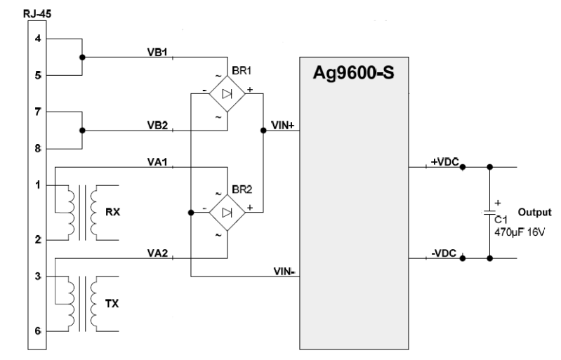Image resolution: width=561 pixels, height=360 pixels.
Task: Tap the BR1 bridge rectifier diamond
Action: (227, 93)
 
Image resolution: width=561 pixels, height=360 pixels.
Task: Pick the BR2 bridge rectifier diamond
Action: (227, 211)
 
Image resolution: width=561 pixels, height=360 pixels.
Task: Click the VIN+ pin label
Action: (282, 124)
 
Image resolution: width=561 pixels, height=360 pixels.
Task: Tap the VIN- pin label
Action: (282, 269)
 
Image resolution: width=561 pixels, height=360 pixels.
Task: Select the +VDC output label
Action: (444, 162)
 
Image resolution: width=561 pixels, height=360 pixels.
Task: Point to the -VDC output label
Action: (444, 253)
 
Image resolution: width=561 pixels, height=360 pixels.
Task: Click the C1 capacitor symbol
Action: (489, 211)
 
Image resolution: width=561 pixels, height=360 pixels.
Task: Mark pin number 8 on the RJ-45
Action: (38, 149)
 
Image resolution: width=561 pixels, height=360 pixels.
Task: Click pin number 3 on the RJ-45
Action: (38, 276)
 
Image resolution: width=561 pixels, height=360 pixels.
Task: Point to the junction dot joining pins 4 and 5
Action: (83, 57)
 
